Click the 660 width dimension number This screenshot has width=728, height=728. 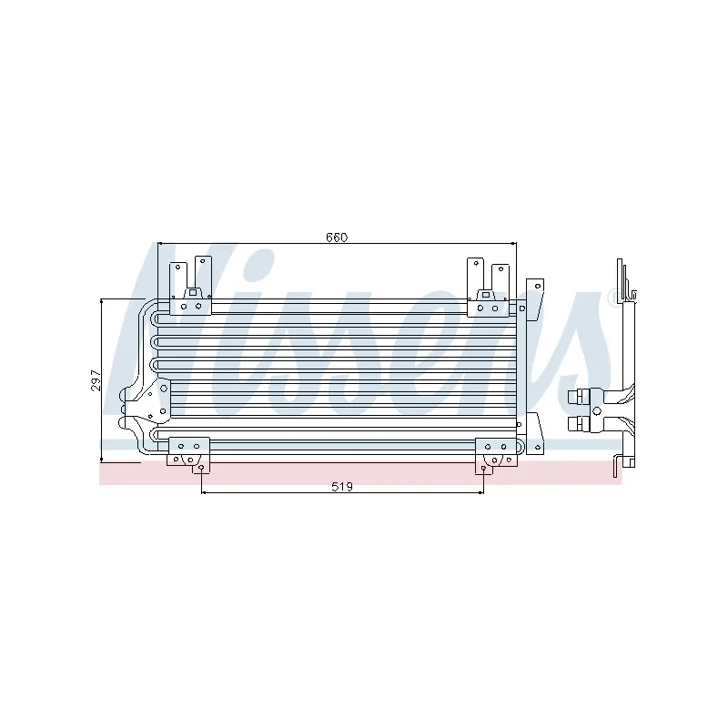coord(337,238)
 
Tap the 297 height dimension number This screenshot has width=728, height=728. coord(96,380)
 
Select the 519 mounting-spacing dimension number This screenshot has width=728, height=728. coord(342,487)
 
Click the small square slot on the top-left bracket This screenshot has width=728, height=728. coord(193,293)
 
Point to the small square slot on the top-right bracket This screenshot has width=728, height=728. coord(486,294)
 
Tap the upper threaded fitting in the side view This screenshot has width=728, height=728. coord(579,397)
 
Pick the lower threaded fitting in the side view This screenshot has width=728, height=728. coord(579,424)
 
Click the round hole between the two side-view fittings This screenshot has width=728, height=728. coord(597,411)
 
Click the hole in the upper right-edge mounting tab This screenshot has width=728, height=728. coord(538,286)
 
